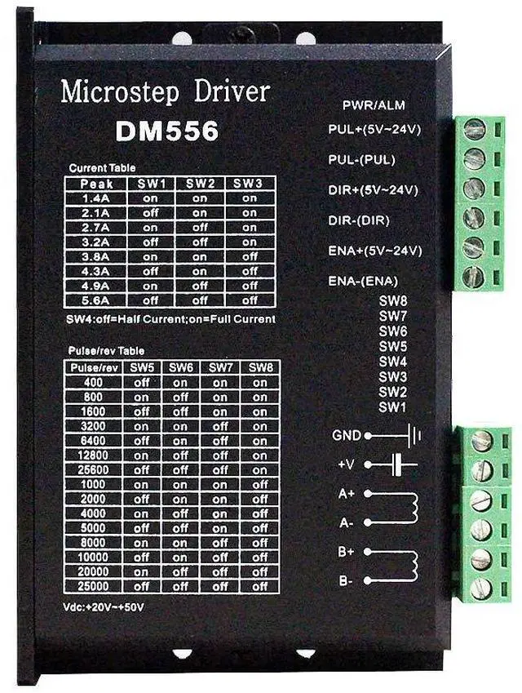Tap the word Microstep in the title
pyautogui.click(x=110, y=91)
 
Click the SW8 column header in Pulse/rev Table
pyautogui.click(x=259, y=368)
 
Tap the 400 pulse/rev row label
pyautogui.click(x=92, y=383)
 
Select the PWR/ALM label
pyautogui.click(x=374, y=105)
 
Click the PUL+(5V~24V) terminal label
pyautogui.click(x=374, y=129)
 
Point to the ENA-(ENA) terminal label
pyautogui.click(x=363, y=281)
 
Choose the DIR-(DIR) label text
pyautogui.click(x=359, y=220)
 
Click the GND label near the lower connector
pyautogui.click(x=347, y=436)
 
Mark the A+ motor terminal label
pyautogui.click(x=346, y=494)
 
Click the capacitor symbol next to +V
pyautogui.click(x=398, y=464)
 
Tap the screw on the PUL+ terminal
pyautogui.click(x=475, y=129)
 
